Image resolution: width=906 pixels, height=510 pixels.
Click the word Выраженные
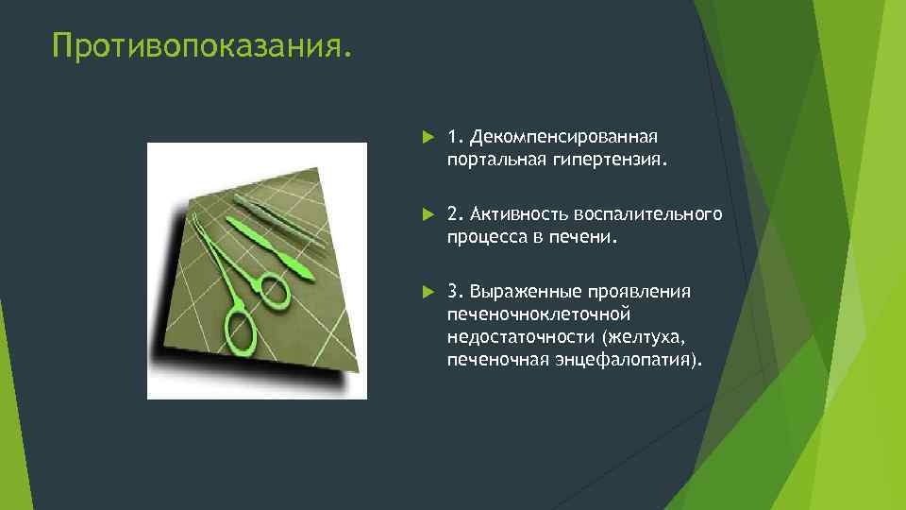coord(522,291)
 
